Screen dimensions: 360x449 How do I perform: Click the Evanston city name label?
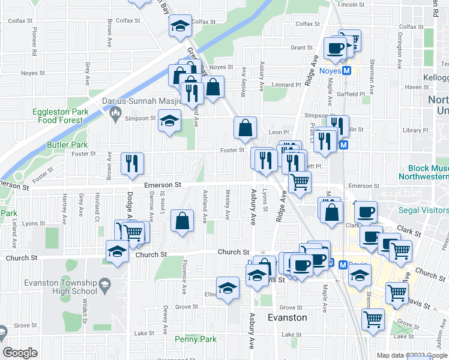(x=287, y=317)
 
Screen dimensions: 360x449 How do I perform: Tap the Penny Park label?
(x=196, y=339)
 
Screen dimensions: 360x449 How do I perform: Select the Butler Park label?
(x=67, y=145)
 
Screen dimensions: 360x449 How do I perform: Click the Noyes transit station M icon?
(x=346, y=71)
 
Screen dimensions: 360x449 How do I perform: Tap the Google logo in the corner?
(x=20, y=353)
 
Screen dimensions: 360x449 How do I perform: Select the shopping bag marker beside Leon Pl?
(x=246, y=127)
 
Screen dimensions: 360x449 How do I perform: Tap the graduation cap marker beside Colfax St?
(x=180, y=26)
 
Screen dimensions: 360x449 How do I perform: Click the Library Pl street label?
(x=415, y=130)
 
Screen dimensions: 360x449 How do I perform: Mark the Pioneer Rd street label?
(x=34, y=48)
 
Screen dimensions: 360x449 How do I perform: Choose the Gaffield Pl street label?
(x=351, y=95)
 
